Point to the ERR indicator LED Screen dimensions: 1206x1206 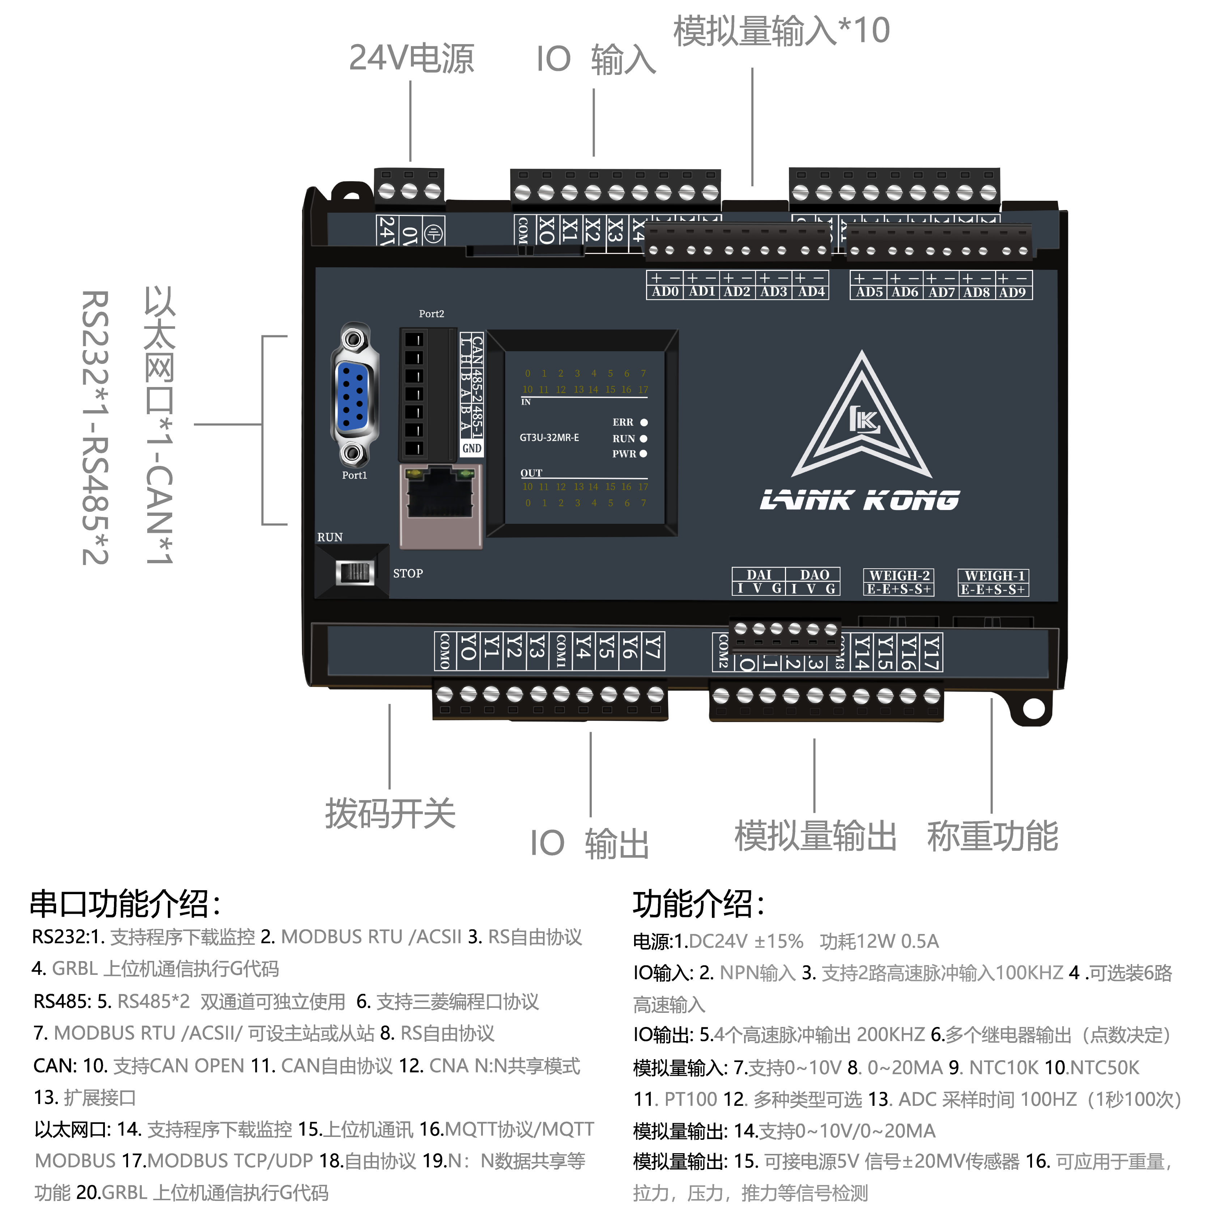644,422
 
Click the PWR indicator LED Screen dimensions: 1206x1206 643,454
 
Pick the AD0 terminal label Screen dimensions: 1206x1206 665,292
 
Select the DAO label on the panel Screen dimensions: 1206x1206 814,575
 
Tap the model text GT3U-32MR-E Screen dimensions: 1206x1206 549,438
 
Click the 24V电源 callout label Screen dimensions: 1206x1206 411,59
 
